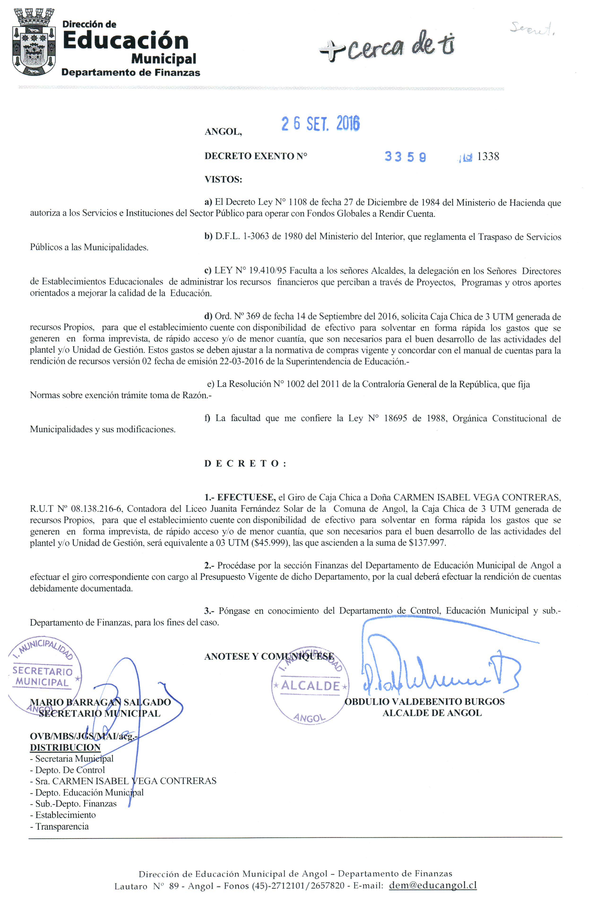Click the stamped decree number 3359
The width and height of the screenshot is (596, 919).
pyautogui.click(x=405, y=157)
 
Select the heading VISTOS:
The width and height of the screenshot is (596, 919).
pyautogui.click(x=223, y=180)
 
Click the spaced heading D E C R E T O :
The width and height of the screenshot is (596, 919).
pyautogui.click(x=245, y=464)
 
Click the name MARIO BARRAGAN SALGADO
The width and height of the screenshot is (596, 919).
pyautogui.click(x=100, y=702)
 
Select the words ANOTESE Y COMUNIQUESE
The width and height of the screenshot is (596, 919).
pyautogui.click(x=269, y=656)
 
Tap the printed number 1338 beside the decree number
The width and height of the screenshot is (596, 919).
pyautogui.click(x=488, y=156)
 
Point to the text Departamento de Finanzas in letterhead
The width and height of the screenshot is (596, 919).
pyautogui.click(x=131, y=73)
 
